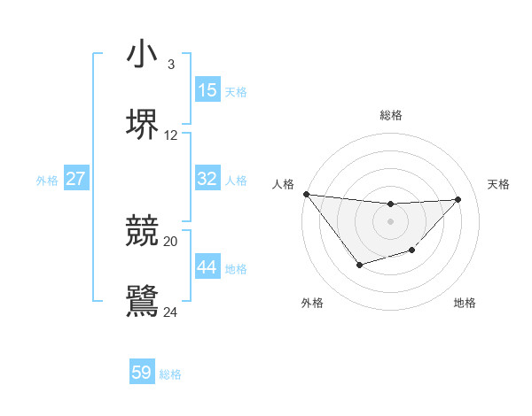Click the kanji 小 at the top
142,55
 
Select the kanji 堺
142,124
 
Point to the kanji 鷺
142,300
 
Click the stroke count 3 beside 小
170,65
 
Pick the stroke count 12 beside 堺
171,135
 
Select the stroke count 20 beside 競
171,241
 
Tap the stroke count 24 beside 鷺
171,312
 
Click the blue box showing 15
207,90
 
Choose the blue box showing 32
207,179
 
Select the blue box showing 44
207,267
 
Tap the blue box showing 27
76,179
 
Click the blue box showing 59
142,373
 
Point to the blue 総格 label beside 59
170,374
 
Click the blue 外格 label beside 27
47,181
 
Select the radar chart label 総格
391,115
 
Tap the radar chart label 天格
499,184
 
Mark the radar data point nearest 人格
306,194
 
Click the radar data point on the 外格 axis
359,265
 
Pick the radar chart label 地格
465,304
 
